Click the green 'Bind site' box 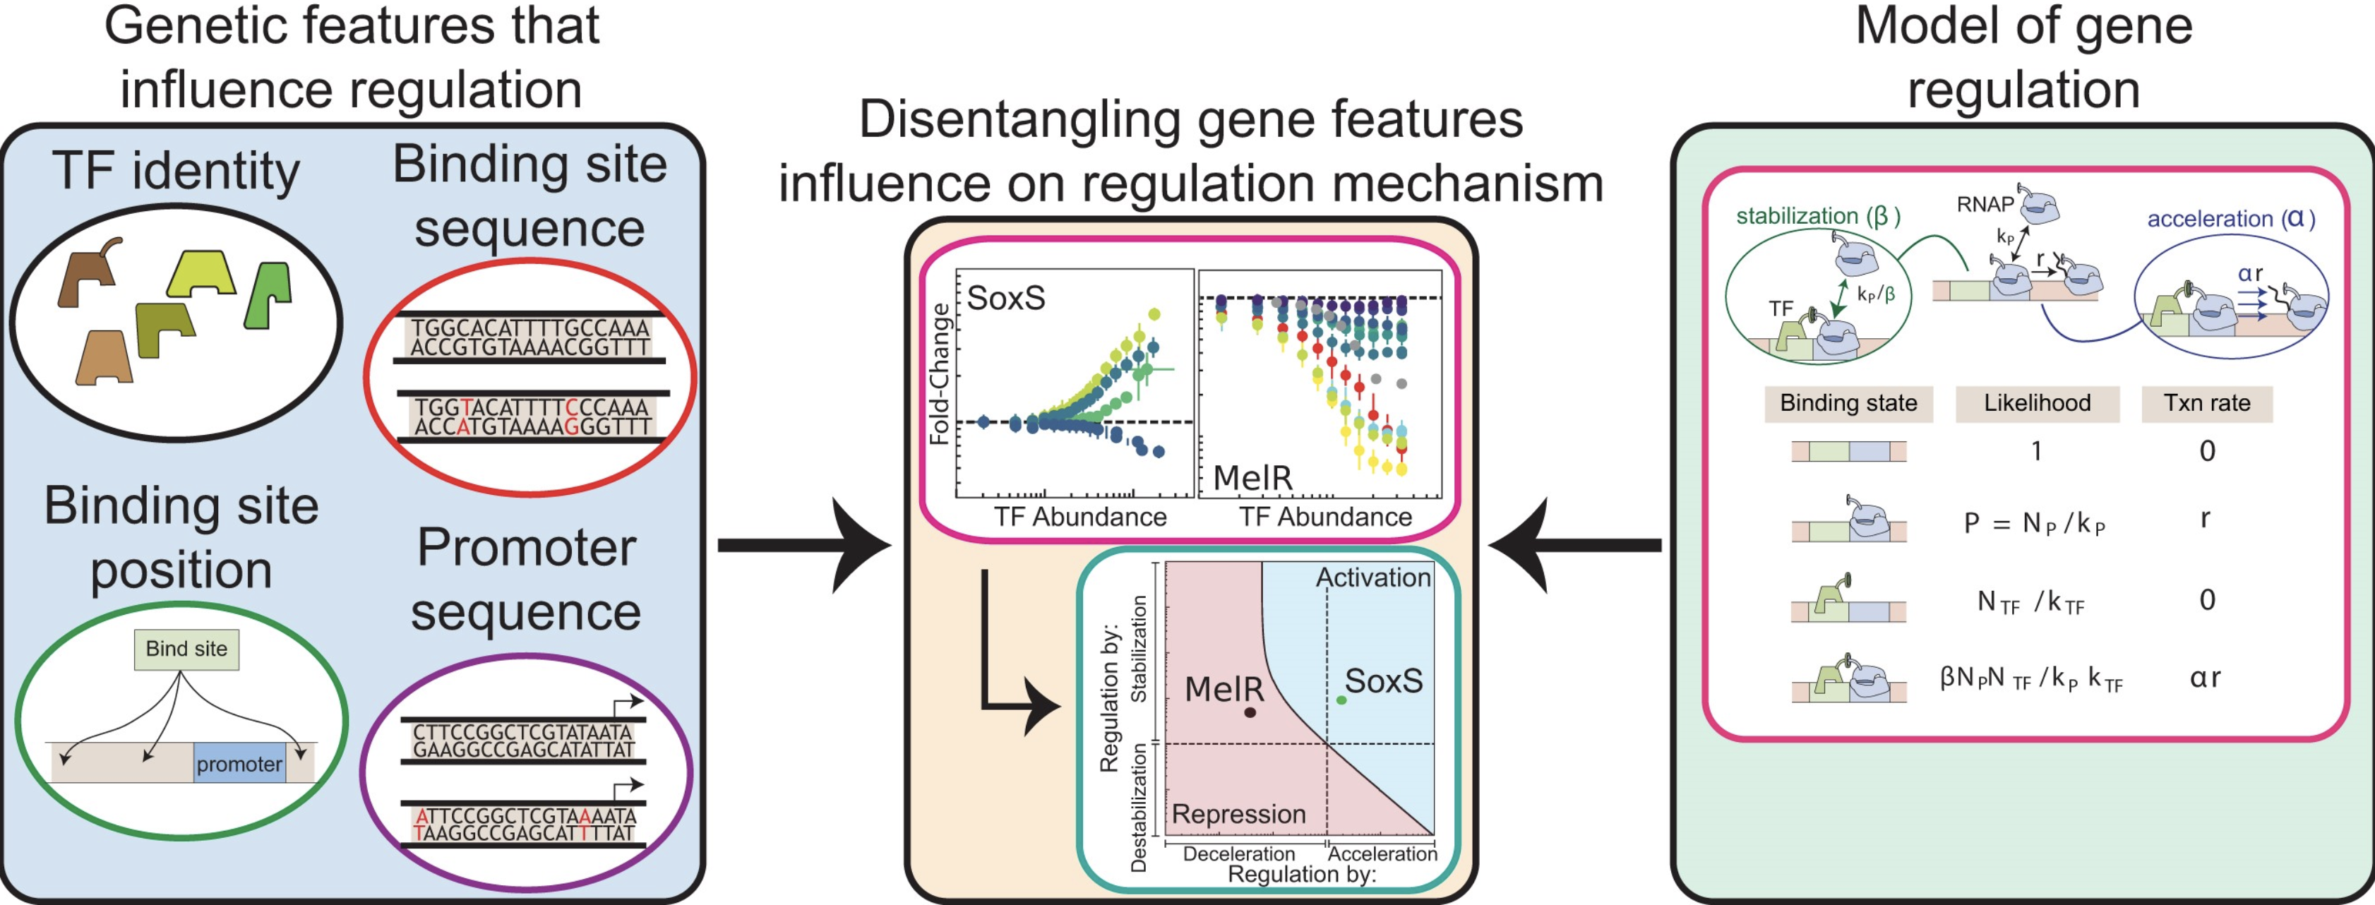point(186,649)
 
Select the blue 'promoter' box point(239,764)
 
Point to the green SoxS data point point(1341,700)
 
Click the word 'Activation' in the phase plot point(1372,578)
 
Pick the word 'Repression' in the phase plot point(1238,814)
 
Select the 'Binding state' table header point(1848,403)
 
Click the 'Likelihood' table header point(2037,403)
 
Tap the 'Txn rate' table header point(2206,403)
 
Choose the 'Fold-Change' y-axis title point(940,374)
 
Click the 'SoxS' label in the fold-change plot point(1006,298)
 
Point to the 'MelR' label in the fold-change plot point(1252,477)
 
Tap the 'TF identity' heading point(176,171)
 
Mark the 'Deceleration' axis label point(1238,854)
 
